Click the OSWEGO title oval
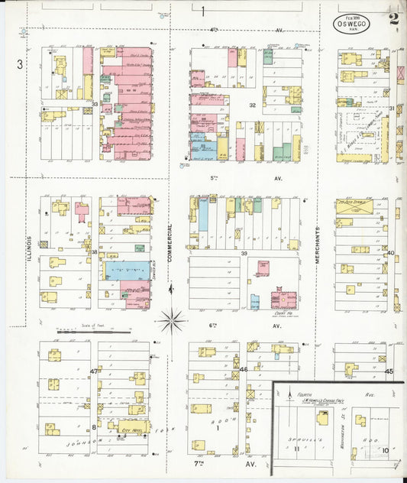point(351,22)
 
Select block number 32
point(250,105)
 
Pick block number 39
point(244,253)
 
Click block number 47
point(93,371)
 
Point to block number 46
point(244,370)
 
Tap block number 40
point(389,252)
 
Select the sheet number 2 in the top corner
point(393,20)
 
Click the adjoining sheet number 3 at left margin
point(20,64)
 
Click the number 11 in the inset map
point(297,451)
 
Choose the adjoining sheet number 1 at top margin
point(203,10)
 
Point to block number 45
point(389,371)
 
